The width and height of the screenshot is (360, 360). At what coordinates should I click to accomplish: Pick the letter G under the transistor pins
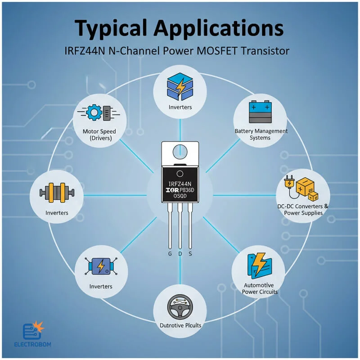170,254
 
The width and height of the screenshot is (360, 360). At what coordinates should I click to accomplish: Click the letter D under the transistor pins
180,254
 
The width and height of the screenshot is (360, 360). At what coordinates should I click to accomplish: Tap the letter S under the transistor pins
190,254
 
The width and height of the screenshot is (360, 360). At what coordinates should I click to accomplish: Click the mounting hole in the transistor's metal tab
180,151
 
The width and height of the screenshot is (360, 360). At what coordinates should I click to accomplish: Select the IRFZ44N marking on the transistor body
180,184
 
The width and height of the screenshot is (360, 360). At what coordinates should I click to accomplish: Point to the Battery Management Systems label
261,134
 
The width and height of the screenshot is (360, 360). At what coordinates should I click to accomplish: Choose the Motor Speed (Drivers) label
99,135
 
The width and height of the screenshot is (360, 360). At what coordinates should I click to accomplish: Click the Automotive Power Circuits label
260,288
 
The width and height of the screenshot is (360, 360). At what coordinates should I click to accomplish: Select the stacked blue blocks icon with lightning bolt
180,86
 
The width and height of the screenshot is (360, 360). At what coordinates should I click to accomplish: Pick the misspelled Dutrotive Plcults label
180,325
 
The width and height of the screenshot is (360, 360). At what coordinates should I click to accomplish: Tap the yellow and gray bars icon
57,193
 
